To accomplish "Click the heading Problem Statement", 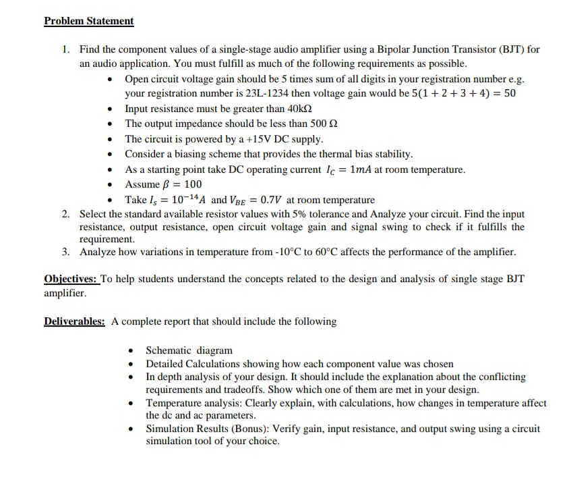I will click(x=89, y=21).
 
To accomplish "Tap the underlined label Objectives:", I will click(x=71, y=279).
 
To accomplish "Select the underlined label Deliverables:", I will click(x=74, y=321).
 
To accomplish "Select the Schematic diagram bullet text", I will click(x=189, y=350).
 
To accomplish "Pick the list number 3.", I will click(x=65, y=252).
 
